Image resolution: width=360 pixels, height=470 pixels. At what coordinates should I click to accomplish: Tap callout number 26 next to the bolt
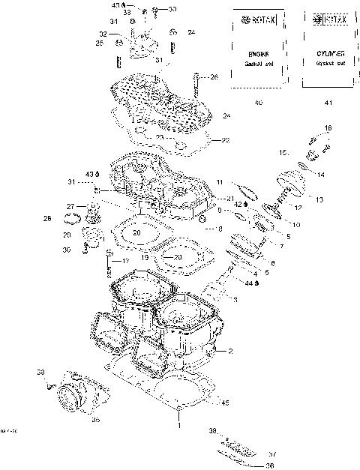click(213, 77)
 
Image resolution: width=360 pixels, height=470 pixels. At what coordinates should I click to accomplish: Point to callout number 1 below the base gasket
click(178, 425)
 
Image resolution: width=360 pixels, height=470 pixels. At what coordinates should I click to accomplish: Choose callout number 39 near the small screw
click(41, 372)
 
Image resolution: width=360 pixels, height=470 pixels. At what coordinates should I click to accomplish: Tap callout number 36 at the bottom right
click(270, 465)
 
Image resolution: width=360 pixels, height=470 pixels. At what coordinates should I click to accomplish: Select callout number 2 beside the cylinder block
click(230, 351)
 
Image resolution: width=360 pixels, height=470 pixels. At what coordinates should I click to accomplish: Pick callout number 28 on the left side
click(47, 219)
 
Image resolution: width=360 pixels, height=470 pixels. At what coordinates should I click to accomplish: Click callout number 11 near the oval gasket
click(220, 182)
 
